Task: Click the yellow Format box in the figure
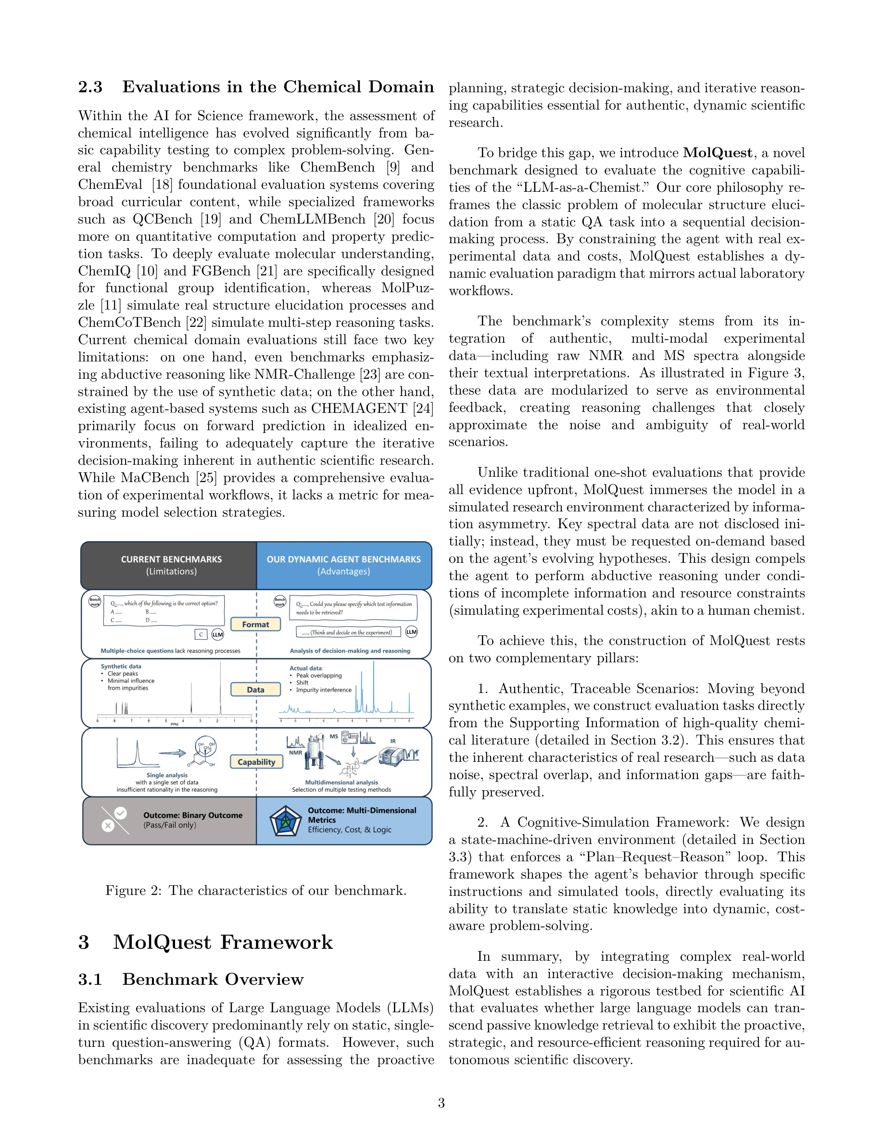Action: pyautogui.click(x=255, y=624)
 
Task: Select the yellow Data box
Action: pyautogui.click(x=255, y=690)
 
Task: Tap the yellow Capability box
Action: pyautogui.click(x=256, y=762)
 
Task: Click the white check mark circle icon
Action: pyautogui.click(x=121, y=813)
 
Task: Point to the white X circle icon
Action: pyautogui.click(x=108, y=826)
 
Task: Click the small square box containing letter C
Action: pyautogui.click(x=201, y=634)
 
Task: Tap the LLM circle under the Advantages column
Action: pyautogui.click(x=412, y=632)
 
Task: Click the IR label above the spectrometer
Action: pyautogui.click(x=393, y=741)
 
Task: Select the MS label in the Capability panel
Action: pyautogui.click(x=334, y=736)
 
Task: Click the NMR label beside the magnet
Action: pyautogui.click(x=296, y=753)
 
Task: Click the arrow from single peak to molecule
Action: pyautogui.click(x=172, y=753)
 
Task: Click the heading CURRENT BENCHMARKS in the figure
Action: pyautogui.click(x=171, y=559)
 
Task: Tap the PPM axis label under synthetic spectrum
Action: pyautogui.click(x=174, y=724)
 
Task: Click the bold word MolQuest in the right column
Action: pyautogui.click(x=717, y=153)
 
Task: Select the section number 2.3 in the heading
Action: pyautogui.click(x=90, y=87)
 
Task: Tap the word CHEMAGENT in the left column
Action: pyautogui.click(x=359, y=409)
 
